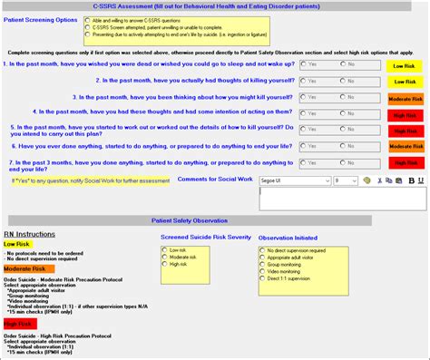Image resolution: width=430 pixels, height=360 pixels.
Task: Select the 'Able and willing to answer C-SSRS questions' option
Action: (x=86, y=19)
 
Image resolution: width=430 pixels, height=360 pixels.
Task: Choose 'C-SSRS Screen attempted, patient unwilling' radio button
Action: (x=86, y=27)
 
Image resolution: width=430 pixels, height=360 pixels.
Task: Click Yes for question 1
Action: (x=302, y=64)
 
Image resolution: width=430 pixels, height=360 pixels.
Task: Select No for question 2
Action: (x=343, y=81)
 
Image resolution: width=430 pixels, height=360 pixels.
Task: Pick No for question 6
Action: (x=343, y=145)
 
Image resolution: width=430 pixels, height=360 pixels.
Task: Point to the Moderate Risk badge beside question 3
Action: (x=405, y=97)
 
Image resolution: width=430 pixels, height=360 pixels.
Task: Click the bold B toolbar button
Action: (x=411, y=180)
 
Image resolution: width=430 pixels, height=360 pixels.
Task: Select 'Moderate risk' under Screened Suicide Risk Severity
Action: (x=166, y=257)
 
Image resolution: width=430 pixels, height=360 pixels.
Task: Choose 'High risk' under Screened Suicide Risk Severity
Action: (x=166, y=264)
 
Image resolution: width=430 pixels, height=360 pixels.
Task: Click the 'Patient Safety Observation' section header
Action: (x=214, y=220)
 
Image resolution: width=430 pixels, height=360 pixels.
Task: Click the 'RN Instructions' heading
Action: (x=31, y=233)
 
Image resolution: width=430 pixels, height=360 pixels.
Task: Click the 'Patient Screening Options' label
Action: (x=40, y=19)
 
